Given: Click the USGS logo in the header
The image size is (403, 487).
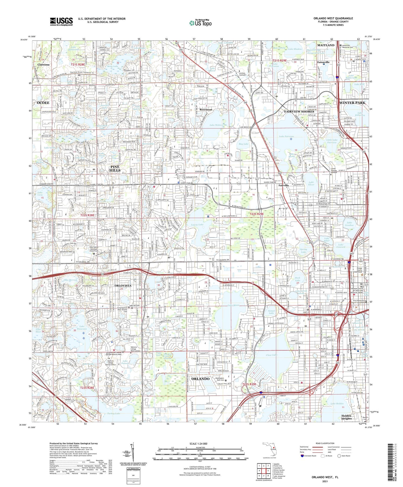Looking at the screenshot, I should point(61,21).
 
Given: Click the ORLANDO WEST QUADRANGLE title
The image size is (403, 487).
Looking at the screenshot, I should point(333,18).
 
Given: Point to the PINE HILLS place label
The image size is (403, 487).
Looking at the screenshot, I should point(115,168).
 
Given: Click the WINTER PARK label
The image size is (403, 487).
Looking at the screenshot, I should point(352,103).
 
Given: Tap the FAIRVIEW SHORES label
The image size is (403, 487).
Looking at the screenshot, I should point(299,111).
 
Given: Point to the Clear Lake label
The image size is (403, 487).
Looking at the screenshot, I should point(271,355).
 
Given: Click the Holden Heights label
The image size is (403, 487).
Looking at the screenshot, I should point(347,425).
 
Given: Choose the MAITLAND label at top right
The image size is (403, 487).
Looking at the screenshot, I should point(326,45).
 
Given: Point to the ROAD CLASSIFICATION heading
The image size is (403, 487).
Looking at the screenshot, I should point(325,443).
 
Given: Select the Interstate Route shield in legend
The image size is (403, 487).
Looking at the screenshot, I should point(302,456).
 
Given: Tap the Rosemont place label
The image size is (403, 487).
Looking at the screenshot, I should point(206,110).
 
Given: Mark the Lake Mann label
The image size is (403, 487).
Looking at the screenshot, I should point(233,305).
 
